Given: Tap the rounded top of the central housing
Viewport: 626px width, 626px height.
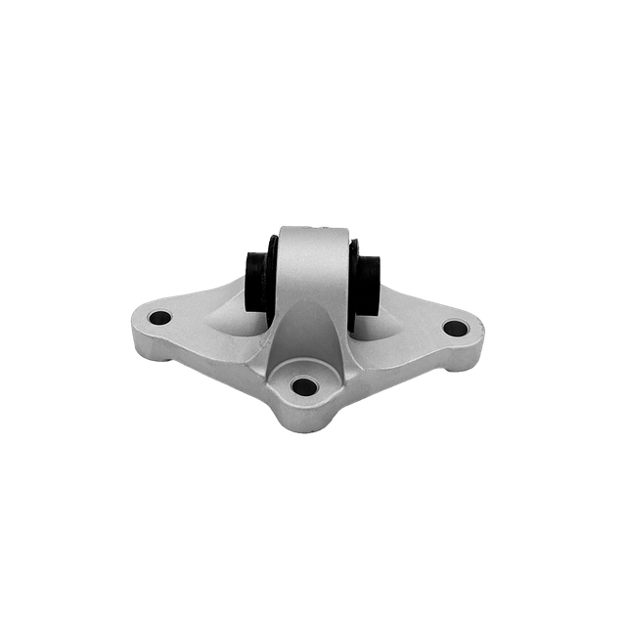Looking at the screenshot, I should (313, 233).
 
